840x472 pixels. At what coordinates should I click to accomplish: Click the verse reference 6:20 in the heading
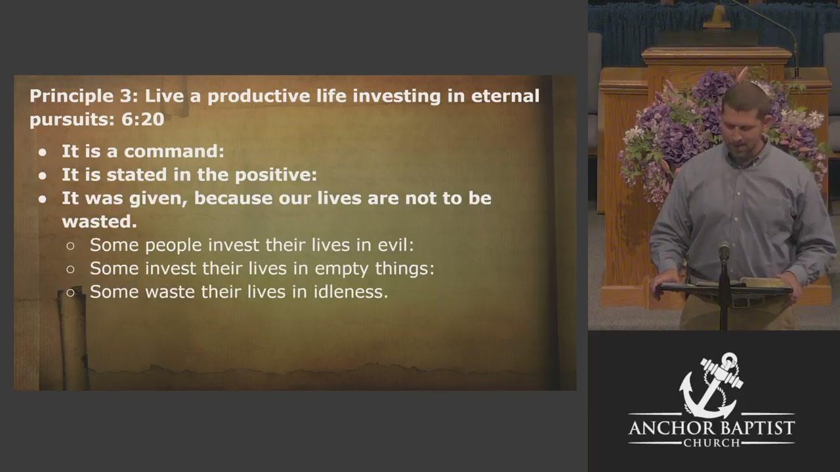point(143,119)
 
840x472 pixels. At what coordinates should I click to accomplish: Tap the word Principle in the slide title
point(72,96)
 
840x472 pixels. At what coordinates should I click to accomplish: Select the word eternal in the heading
point(505,96)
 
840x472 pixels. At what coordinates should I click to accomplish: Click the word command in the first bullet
point(174,151)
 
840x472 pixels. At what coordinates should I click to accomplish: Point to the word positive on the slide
point(276,175)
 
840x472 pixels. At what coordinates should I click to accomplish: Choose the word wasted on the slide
point(99,222)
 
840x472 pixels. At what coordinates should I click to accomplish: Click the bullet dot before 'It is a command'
point(43,153)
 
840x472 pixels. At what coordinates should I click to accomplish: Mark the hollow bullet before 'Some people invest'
point(70,246)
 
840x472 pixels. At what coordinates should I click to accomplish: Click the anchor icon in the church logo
point(711,385)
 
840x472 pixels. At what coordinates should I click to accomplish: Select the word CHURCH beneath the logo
point(711,443)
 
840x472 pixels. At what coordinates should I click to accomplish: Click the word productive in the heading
point(259,96)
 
